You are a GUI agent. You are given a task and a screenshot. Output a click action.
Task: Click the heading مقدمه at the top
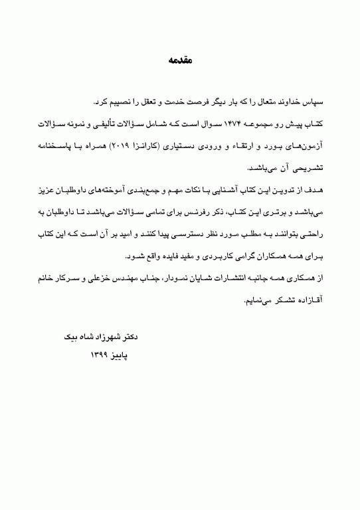(179, 60)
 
